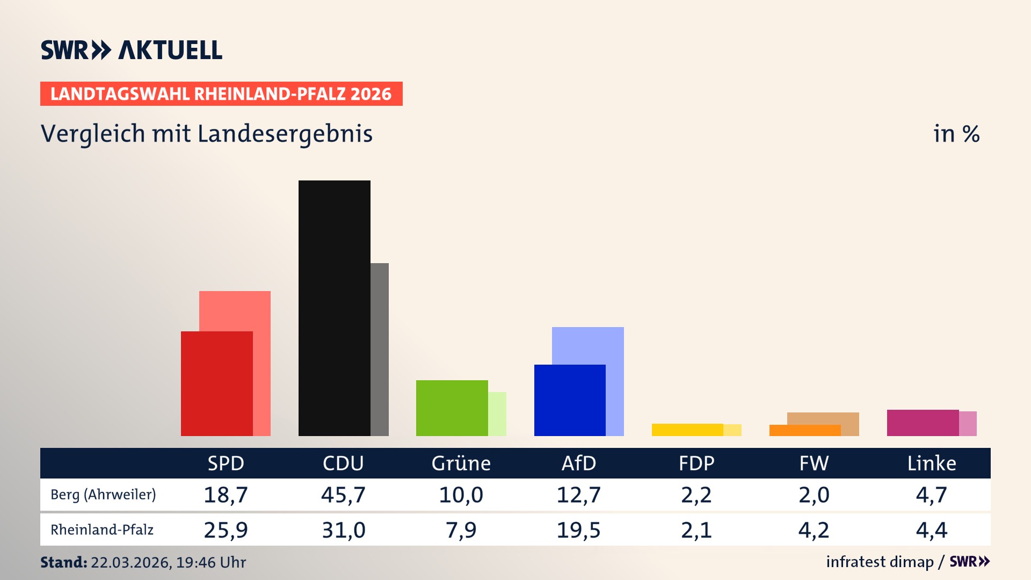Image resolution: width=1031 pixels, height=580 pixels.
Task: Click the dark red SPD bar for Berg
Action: [216, 383]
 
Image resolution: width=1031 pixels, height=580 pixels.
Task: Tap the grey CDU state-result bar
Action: [380, 349]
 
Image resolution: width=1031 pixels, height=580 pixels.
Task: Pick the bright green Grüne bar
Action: [452, 408]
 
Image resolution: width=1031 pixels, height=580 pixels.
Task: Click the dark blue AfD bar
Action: [569, 400]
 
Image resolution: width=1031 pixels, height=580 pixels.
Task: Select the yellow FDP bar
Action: [687, 430]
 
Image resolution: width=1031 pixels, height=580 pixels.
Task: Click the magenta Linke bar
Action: [923, 423]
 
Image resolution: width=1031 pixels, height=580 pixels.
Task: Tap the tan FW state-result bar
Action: [823, 418]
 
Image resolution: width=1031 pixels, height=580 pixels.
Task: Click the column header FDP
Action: [696, 463]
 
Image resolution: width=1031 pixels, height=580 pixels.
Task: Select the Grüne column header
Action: [461, 463]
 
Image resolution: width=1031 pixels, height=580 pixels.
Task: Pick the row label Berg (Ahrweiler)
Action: [103, 495]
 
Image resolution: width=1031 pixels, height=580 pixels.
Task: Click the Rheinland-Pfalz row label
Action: [102, 530]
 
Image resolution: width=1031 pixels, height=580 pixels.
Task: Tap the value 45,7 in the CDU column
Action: [343, 495]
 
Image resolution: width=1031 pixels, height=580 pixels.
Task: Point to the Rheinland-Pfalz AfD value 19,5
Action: [578, 530]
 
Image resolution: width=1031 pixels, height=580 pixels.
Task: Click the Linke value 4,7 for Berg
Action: [931, 495]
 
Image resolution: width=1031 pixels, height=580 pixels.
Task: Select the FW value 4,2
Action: [814, 530]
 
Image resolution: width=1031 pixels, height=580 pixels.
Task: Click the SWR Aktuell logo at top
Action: [132, 50]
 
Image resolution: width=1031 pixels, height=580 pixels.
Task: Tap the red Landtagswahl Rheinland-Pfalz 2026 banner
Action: [221, 94]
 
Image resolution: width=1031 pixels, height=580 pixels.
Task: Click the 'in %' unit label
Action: [956, 134]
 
